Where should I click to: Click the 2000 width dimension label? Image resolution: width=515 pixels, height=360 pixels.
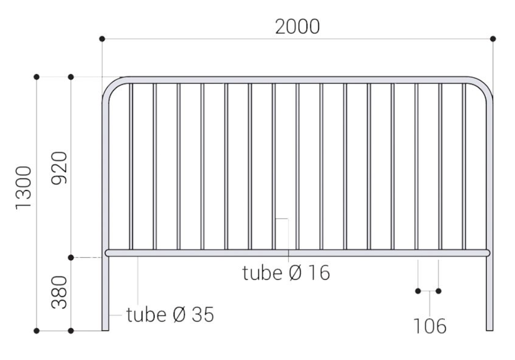pyautogui.click(x=297, y=26)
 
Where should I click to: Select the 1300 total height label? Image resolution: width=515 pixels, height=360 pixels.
pyautogui.click(x=24, y=187)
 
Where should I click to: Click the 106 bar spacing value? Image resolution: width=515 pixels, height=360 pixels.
pyautogui.click(x=429, y=326)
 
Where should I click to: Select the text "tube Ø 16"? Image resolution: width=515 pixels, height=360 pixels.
pyautogui.click(x=286, y=273)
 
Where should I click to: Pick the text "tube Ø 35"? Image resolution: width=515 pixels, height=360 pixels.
pyautogui.click(x=170, y=315)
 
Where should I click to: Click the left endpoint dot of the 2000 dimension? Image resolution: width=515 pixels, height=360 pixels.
pyautogui.click(x=102, y=39)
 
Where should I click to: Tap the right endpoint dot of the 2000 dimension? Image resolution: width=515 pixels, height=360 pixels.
pyautogui.click(x=493, y=39)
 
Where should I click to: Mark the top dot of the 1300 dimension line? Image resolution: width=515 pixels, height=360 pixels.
pyautogui.click(x=37, y=77)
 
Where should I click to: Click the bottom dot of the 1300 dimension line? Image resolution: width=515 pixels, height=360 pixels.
pyautogui.click(x=37, y=331)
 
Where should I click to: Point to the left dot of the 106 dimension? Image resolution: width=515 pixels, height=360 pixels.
pyautogui.click(x=418, y=291)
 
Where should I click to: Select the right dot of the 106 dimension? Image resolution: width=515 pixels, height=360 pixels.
pyautogui.click(x=439, y=291)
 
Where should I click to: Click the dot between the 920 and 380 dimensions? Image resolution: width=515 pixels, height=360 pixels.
pyautogui.click(x=71, y=258)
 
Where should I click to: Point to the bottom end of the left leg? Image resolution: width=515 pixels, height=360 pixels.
pyautogui.click(x=105, y=328)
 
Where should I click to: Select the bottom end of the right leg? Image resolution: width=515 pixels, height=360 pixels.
pyautogui.click(x=490, y=328)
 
